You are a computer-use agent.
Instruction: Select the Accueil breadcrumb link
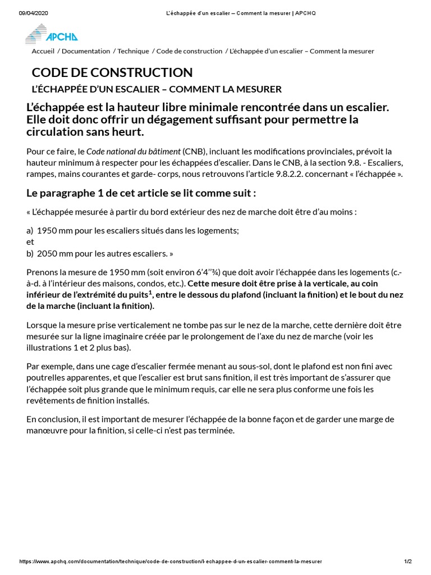pyautogui.click(x=43, y=51)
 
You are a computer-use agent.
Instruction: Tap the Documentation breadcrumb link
pyautogui.click(x=86, y=51)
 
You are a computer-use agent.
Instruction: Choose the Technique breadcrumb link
pyautogui.click(x=133, y=51)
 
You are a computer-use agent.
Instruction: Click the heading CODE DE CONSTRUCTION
pyautogui.click(x=112, y=72)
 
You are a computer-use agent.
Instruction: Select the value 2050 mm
pyautogui.click(x=56, y=253)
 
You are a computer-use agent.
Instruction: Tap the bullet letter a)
pyautogui.click(x=30, y=231)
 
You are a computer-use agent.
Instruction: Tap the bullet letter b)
pyautogui.click(x=30, y=253)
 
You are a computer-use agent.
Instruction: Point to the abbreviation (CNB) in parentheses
pyautogui.click(x=193, y=152)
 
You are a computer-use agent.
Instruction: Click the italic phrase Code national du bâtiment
pyautogui.click(x=134, y=152)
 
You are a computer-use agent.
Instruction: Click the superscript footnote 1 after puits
pyautogui.click(x=150, y=292)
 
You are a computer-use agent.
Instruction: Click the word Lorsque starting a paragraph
pyautogui.click(x=43, y=325)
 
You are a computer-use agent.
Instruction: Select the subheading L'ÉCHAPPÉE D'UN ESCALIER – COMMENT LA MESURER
pyautogui.click(x=157, y=89)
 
